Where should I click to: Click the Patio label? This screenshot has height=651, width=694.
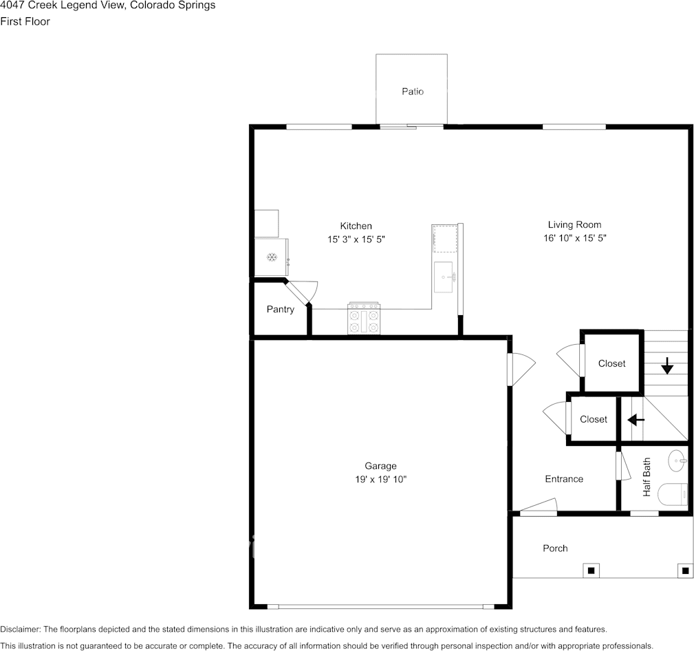coord(413,92)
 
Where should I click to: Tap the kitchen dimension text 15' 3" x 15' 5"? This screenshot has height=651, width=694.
coord(356,239)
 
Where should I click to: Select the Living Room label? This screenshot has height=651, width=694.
coord(574,224)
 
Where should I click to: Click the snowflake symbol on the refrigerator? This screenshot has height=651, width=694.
coord(271,257)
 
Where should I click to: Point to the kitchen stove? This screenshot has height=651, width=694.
coord(364,318)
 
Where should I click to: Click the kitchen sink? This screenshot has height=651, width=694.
coord(444,277)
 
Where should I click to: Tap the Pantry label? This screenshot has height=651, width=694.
coord(280,309)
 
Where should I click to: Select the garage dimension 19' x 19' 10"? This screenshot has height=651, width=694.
coord(380,479)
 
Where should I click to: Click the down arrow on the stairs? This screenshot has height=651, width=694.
coord(667,365)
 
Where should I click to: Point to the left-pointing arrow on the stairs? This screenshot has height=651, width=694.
coord(636,419)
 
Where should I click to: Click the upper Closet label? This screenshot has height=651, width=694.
coord(611,363)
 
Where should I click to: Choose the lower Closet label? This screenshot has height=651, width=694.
coord(594,419)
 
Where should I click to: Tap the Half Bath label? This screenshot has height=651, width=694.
coord(647,477)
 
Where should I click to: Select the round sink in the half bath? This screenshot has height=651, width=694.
coord(677,461)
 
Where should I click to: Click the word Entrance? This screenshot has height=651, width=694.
coord(564,479)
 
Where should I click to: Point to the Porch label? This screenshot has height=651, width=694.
coord(555,548)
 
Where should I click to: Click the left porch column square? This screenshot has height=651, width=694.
coord(590,570)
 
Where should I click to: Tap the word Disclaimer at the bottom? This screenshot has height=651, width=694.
coord(21,629)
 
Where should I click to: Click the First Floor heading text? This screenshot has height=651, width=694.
coord(25,21)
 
